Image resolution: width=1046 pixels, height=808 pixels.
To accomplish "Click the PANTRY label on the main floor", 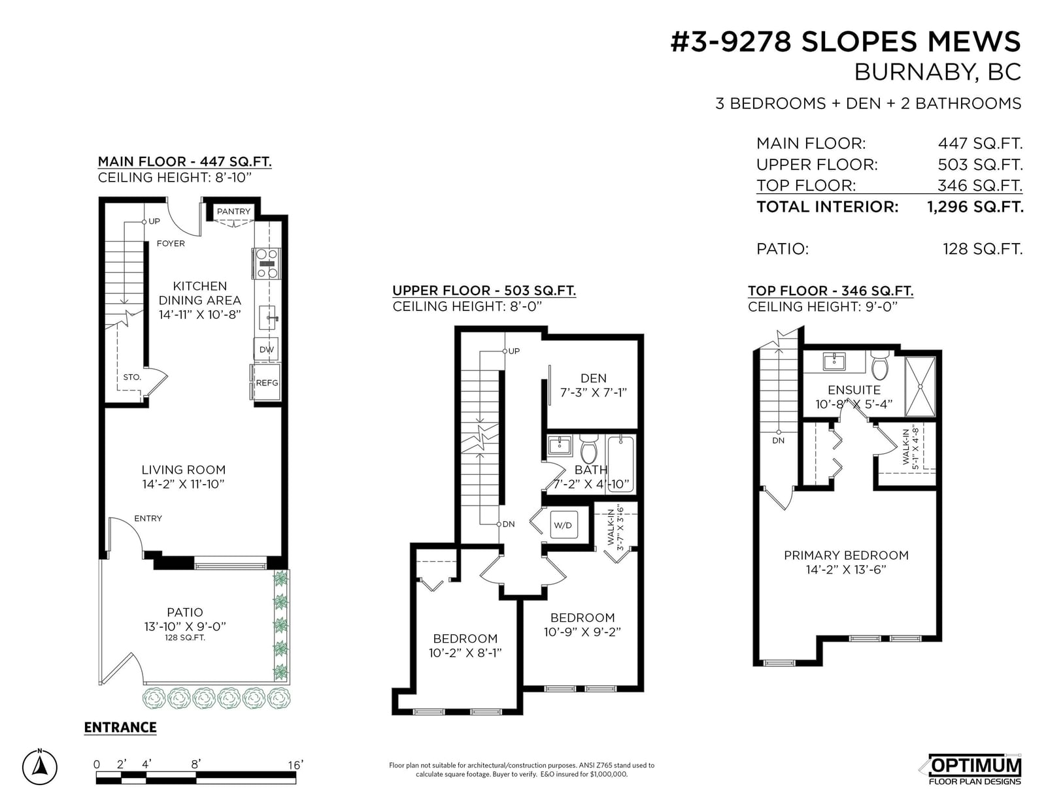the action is [233, 212].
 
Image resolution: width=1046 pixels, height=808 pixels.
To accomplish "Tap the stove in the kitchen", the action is [267, 263].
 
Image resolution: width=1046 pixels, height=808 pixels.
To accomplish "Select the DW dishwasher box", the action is [266, 349].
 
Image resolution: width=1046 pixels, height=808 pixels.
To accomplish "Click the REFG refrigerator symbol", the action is [265, 382].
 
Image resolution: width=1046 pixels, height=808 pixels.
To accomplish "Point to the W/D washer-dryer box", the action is [563, 525].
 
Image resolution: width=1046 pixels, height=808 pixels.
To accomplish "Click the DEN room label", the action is [594, 378].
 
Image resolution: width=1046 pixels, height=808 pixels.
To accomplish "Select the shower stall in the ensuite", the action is [920, 386].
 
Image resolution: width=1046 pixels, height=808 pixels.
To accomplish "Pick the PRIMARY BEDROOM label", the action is [846, 555].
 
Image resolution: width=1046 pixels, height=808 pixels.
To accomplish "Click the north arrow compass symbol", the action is [40, 767].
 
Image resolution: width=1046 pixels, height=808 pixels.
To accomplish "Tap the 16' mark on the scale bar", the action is [295, 765].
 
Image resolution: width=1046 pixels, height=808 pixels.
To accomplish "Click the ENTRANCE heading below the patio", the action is [120, 728].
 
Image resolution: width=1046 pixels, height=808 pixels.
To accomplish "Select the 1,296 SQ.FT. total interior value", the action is [975, 207].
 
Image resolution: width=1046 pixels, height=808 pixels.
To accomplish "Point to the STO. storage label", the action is [132, 378].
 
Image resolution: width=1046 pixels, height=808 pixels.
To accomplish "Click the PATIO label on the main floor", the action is [185, 612].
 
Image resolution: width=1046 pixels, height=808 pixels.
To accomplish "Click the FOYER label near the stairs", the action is [171, 244].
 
